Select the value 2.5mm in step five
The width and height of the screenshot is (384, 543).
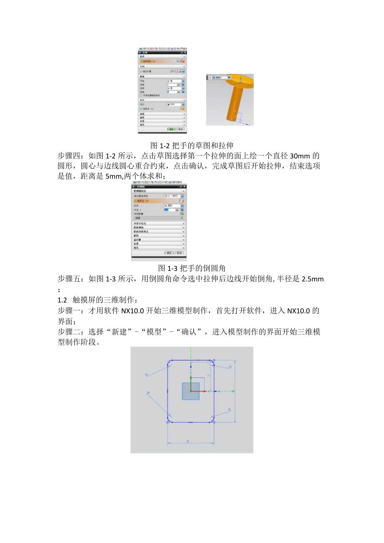click(312, 279)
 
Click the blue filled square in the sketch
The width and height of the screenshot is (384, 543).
click(190, 391)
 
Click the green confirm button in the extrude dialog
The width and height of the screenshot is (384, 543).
click(171, 129)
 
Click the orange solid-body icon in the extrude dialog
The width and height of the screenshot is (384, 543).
click(182, 109)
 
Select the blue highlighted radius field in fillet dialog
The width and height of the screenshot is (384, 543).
click(167, 210)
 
